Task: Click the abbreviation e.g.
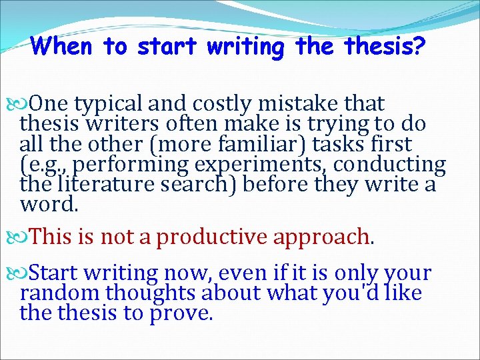[x=39, y=164]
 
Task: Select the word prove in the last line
[x=183, y=313]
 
